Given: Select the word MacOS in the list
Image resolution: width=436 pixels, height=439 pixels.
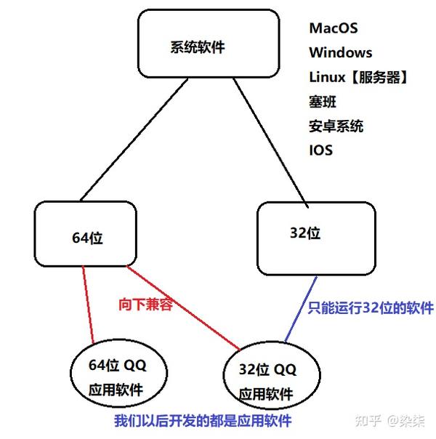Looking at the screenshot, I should tap(333, 28).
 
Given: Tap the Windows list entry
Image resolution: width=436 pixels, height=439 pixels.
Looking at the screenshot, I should tap(340, 53).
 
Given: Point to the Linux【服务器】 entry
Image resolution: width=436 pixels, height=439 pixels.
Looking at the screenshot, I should tap(357, 78).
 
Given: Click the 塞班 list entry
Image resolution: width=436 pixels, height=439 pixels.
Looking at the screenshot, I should tap(322, 102).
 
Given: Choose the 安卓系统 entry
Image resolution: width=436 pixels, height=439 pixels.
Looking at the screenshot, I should tap(336, 126).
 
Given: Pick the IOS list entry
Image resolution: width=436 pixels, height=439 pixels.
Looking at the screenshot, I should tap(320, 150).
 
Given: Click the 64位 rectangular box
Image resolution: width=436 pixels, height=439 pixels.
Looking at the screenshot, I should tap(86, 235).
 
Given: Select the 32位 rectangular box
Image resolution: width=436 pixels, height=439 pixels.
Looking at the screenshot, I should tap(316, 237).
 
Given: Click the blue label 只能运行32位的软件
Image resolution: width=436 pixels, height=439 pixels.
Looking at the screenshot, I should tap(371, 308).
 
